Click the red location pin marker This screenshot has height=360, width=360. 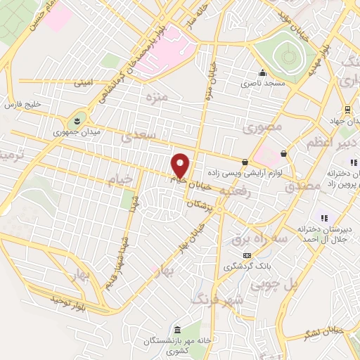(181, 165)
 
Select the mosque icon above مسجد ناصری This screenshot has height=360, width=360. (262, 72)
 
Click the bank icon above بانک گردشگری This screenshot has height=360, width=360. (246, 255)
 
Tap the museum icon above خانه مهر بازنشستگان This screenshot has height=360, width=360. (176, 330)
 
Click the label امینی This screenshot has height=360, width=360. (83, 83)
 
